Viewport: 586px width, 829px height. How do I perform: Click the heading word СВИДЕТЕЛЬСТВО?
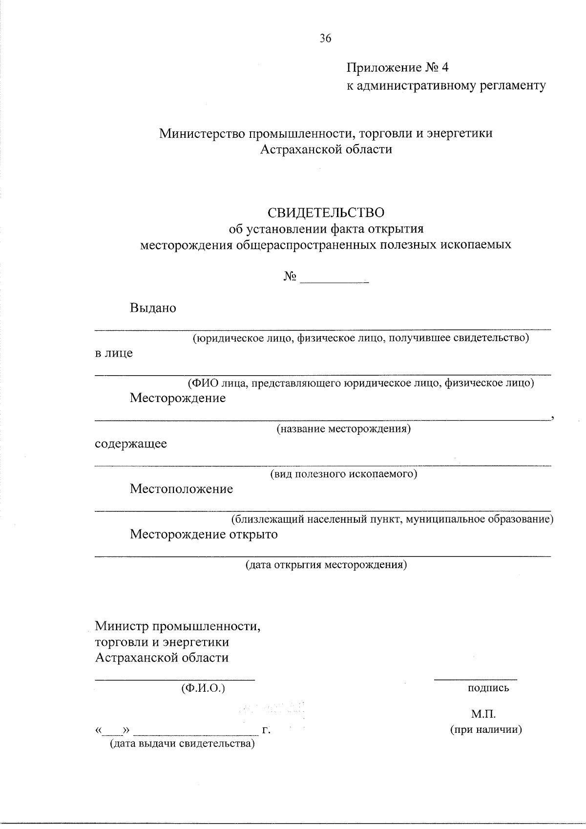326,213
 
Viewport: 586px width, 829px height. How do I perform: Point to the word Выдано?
153,308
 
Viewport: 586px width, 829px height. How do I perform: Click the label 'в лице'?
114,353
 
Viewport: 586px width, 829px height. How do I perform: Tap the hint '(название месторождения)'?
343,429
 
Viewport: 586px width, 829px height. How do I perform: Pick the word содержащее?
131,444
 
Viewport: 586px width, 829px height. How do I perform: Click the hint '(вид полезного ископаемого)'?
344,474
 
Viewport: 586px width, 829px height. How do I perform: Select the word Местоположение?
181,489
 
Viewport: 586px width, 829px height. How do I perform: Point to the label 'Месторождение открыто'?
204,534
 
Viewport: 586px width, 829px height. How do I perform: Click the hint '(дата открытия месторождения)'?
326,565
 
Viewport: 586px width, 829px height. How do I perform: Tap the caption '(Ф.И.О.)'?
203,688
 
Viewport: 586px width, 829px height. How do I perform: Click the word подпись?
488,688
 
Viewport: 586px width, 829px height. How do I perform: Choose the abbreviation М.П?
483,715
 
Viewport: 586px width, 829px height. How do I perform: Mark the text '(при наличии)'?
486,730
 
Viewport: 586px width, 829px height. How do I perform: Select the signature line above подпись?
476,679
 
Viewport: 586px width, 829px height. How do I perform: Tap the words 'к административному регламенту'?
446,86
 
